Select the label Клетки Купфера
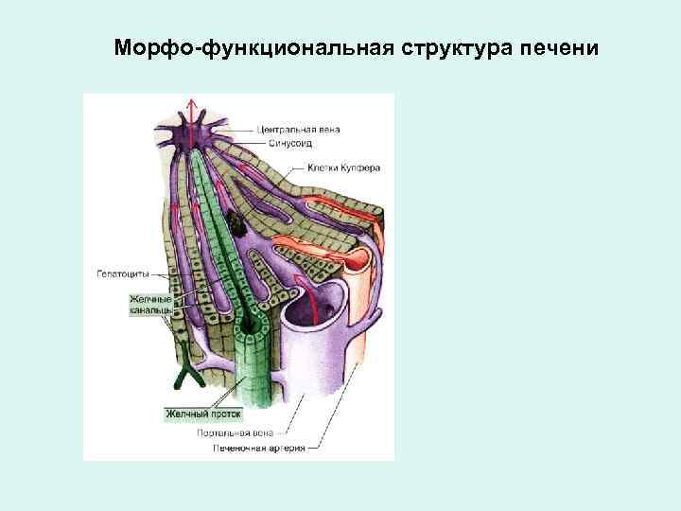tap(343, 167)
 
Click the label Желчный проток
tap(204, 414)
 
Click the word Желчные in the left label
tap(149, 298)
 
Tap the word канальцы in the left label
tap(150, 309)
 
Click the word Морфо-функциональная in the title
tap(247, 47)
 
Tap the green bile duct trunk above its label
tap(251, 374)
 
